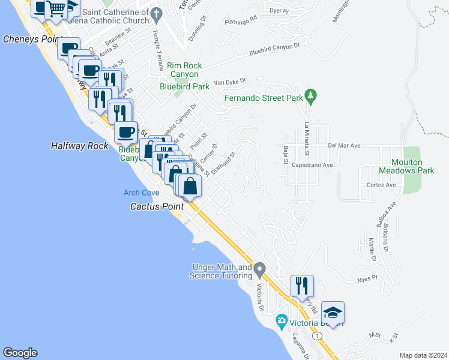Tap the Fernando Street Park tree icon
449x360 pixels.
[310, 95]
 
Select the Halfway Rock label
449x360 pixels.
[80, 146]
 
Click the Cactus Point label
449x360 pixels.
[157, 206]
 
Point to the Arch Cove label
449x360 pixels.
[141, 193]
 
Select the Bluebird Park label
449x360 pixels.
[184, 86]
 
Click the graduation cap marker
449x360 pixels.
[333, 313]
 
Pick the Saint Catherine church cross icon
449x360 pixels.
[157, 13]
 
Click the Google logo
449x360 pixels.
[20, 353]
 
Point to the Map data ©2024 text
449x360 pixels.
[423, 355]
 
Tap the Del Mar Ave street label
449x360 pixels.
[344, 145]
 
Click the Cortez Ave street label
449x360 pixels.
[381, 185]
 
